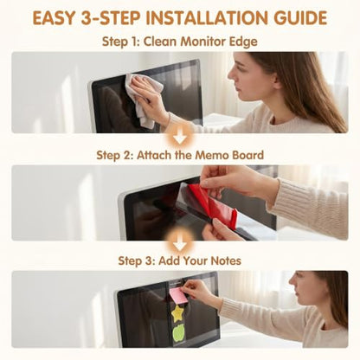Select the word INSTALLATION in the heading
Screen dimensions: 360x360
point(207,18)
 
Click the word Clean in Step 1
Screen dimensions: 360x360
point(160,42)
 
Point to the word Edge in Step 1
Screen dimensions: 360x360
point(243,42)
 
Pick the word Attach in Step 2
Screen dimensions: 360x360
point(155,155)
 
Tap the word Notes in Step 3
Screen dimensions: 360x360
point(226,260)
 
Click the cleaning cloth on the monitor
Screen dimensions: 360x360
point(144,99)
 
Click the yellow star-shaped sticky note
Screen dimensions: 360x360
point(177,314)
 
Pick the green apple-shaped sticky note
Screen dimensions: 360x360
point(178,333)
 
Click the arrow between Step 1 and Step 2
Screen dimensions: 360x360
point(180,139)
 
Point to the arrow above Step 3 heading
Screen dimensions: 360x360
point(180,245)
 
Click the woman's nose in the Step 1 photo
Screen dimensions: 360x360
point(231,75)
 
